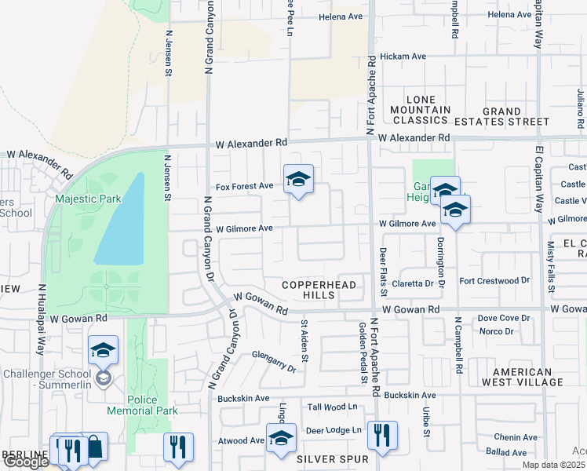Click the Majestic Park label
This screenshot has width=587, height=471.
[88, 199]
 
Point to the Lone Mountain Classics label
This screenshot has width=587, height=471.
[421, 110]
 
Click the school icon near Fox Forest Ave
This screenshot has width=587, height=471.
[298, 181]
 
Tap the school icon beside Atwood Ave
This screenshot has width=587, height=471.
[281, 440]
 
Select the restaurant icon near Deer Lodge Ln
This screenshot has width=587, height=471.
[382, 434]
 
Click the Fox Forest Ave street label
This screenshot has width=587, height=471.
[244, 186]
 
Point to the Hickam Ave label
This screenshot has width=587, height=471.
[403, 57]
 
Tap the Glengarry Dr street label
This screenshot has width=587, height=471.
[274, 361]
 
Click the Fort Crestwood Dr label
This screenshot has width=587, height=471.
[495, 280]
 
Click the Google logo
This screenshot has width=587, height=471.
[26, 462]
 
